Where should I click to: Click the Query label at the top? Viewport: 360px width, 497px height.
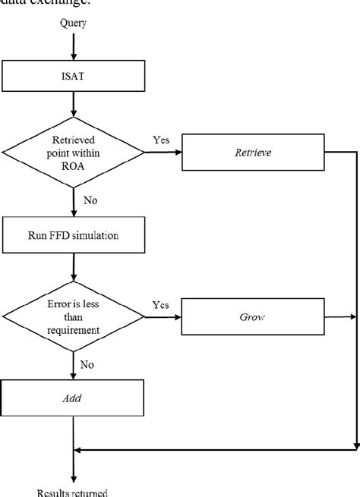[x=74, y=23]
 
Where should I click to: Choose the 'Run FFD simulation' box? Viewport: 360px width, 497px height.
[x=74, y=234]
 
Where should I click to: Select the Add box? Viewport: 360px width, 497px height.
[x=74, y=396]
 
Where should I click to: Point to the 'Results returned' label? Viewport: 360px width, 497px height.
[x=74, y=492]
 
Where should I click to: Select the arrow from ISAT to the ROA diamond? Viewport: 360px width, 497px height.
[x=74, y=105]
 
